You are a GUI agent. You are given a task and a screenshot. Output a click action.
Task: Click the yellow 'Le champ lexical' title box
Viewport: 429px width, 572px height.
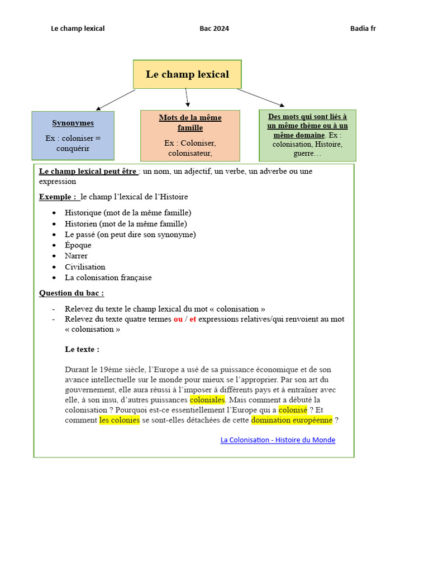[x=187, y=74]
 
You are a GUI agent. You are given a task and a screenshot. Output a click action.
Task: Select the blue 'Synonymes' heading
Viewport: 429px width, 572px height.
[x=73, y=123]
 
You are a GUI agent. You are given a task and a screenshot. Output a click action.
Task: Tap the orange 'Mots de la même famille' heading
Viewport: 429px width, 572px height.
[x=190, y=123]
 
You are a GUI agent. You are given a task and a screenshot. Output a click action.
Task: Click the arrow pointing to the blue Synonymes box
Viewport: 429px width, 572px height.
[x=116, y=99]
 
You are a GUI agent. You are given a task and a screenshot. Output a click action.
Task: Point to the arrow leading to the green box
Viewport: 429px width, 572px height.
[x=261, y=97]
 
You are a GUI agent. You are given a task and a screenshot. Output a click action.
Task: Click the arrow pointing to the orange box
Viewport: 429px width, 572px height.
[x=187, y=97]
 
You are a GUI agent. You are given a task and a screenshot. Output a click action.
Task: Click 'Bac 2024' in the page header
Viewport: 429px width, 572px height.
[x=214, y=28]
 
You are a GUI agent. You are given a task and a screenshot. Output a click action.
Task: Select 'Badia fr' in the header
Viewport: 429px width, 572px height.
[x=363, y=28]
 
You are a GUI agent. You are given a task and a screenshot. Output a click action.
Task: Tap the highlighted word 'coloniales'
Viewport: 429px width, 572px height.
[x=207, y=400]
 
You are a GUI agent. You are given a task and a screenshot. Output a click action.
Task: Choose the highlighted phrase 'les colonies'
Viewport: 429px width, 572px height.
[x=120, y=420]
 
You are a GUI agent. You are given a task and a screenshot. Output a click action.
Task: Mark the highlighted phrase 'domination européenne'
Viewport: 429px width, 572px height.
[x=292, y=420]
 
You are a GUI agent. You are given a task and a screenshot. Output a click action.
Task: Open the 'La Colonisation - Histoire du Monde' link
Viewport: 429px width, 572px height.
[x=278, y=440]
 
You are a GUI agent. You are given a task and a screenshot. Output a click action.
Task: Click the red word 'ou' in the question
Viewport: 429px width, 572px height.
[x=178, y=319]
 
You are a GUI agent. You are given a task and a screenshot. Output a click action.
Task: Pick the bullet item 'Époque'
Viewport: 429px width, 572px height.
[x=78, y=245]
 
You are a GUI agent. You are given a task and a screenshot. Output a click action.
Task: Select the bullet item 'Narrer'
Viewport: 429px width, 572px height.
[x=76, y=256]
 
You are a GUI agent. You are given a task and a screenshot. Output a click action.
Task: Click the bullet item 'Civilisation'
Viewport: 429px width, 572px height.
[x=85, y=267]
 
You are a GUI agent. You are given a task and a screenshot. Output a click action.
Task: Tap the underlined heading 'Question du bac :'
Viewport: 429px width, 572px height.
[x=71, y=293]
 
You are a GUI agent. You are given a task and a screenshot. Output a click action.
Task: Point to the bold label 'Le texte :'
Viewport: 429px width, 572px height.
[x=82, y=349]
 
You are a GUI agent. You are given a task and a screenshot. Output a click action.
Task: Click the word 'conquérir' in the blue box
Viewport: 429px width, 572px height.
[x=73, y=149]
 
